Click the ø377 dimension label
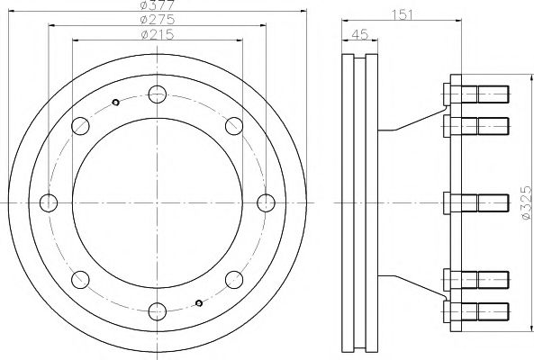pyautogui.click(x=158, y=4)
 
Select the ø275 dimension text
pyautogui.click(x=158, y=20)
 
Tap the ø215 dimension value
pyautogui.click(x=158, y=34)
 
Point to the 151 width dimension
pyautogui.click(x=403, y=15)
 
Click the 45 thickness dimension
pyautogui.click(x=360, y=35)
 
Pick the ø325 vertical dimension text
pyautogui.click(x=526, y=202)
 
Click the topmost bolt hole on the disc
pyautogui.click(x=158, y=94)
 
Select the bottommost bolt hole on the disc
pyautogui.click(x=158, y=311)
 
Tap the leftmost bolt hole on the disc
pyautogui.click(x=49, y=202)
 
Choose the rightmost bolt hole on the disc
pyautogui.click(x=266, y=202)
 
